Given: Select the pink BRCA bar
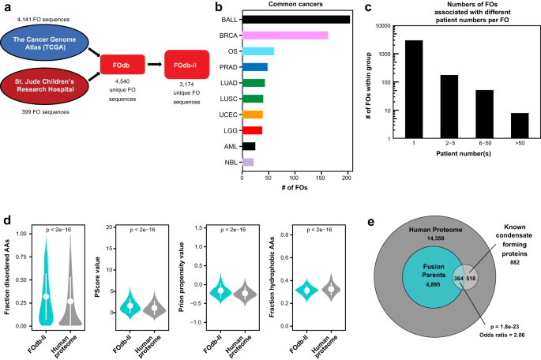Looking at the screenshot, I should [x=285, y=35].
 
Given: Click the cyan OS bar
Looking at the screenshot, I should [x=258, y=51].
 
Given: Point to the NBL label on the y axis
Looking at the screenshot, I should [x=230, y=162].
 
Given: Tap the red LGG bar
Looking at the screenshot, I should [x=252, y=130].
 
